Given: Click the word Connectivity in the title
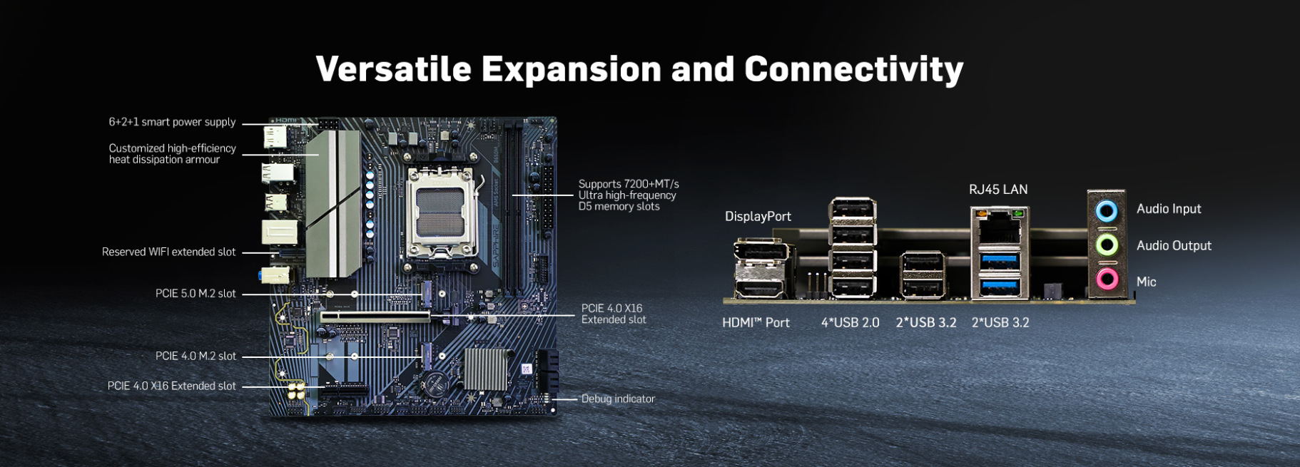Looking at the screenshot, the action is coord(853,69).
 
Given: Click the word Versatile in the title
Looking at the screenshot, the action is coord(394,69).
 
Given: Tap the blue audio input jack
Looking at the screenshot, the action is coord(1107,210).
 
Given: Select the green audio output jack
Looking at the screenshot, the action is coord(1107,245).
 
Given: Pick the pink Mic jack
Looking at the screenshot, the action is coord(1107,279).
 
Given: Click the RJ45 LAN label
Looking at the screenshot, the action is coord(998,190).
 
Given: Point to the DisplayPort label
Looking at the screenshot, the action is coord(758,217).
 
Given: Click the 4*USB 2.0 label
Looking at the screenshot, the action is coord(850,323).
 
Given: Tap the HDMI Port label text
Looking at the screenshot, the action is coord(756,323).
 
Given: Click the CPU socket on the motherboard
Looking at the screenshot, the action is coord(441,212).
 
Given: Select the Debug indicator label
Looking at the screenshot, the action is coord(618,399).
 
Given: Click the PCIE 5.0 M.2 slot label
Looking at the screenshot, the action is coord(195,294).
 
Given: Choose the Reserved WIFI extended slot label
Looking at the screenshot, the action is coord(168,252).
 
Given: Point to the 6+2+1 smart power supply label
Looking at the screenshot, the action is coord(172,123).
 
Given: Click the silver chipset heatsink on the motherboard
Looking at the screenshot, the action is coord(485,369).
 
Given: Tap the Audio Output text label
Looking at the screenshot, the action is coord(1174,246).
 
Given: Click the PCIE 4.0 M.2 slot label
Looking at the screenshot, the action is coord(195,356).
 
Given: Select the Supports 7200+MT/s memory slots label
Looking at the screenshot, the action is coord(628,195).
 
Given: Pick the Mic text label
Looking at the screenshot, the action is coord(1146,282).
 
